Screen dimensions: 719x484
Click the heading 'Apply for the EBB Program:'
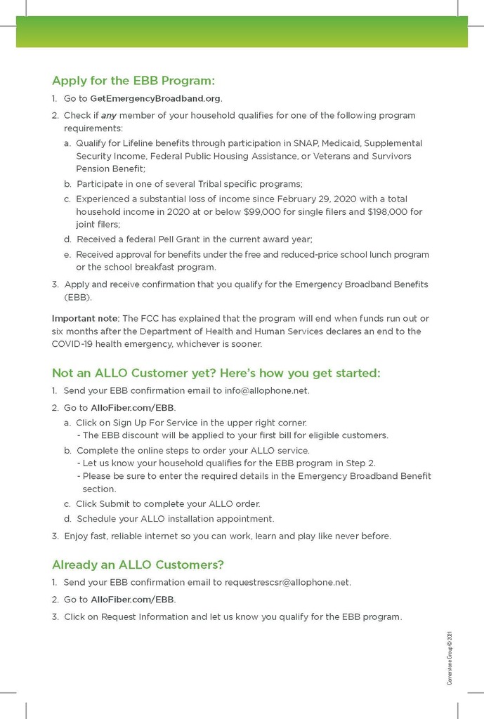[133, 80]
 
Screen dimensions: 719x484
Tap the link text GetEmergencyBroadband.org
[156, 98]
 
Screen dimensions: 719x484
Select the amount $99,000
[305, 211]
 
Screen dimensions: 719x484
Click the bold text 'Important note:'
[86, 319]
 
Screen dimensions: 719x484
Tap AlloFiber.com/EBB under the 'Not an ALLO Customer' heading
[133, 407]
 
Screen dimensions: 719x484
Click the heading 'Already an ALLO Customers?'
[138, 565]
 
